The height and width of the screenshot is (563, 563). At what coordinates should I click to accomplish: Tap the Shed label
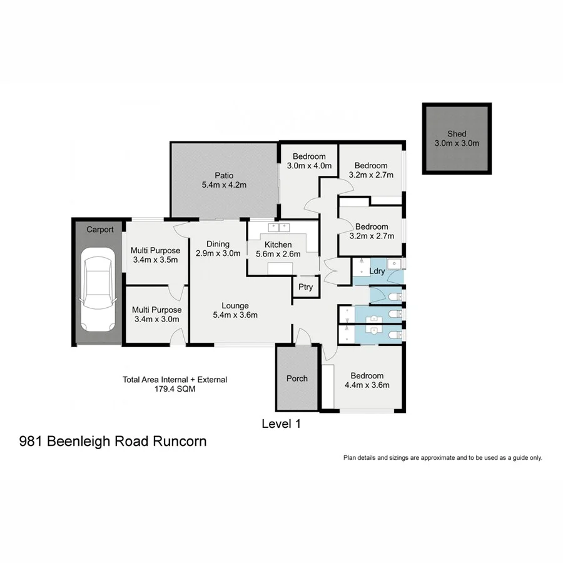[x=456, y=134]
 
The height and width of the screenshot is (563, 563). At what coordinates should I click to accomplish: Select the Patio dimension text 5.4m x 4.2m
[x=224, y=185]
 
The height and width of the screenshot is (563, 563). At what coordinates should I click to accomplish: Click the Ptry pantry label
[x=305, y=288]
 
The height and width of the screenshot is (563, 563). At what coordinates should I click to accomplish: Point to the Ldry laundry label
[x=377, y=271]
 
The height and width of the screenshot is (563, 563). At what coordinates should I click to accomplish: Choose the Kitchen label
[x=278, y=245]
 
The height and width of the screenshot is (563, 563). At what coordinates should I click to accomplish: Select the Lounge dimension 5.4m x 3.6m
[x=235, y=315]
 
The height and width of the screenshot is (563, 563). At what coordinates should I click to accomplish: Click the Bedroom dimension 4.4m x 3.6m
[x=367, y=385]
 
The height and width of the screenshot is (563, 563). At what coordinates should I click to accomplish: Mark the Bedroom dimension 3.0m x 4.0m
[x=308, y=166]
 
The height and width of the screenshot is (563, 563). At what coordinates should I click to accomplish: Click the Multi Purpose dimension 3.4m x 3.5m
[x=155, y=260]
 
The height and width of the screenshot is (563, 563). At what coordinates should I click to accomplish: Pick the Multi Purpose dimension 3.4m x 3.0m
[x=156, y=319]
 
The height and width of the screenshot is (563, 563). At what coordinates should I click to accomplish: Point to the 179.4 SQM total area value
[x=175, y=388]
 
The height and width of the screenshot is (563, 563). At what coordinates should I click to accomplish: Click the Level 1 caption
[x=281, y=424]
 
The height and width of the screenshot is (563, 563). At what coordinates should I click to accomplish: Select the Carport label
[x=99, y=230]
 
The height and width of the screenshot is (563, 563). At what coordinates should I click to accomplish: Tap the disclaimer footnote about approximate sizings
[x=442, y=458]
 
